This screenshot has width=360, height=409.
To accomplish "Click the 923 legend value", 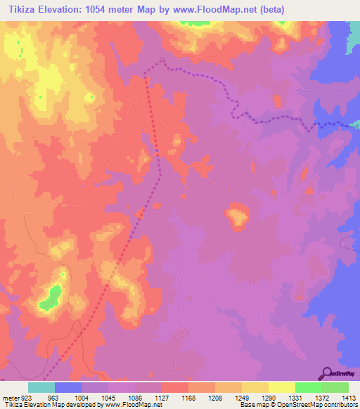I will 27,397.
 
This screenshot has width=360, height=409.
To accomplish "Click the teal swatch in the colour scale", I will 41,387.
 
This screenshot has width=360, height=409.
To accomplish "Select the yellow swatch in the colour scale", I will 282,387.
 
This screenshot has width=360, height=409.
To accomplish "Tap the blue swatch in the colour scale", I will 68,387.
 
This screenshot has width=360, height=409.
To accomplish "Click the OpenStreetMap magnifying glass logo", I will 327,373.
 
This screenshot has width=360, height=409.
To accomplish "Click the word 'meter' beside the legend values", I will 9,397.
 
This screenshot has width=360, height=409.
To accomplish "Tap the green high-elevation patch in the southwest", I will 51,297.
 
